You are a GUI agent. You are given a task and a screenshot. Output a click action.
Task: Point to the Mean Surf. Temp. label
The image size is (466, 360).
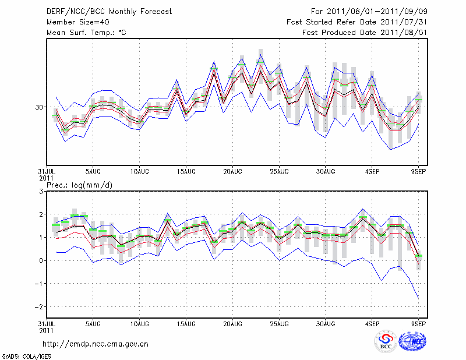coord(86,33)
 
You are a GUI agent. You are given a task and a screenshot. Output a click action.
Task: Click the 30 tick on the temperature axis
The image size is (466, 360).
coord(39,107)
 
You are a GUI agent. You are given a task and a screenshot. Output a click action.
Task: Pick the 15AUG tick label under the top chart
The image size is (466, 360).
coord(186,171)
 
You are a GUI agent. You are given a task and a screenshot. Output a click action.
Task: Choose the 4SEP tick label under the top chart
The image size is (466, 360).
coord(372,171)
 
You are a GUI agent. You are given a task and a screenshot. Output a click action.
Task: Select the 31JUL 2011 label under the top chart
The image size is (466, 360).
coord(47,174)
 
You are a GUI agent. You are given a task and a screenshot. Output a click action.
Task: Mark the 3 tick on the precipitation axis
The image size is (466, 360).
coord(41,192)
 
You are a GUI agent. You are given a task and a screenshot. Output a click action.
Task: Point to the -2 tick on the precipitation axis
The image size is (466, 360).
coord(40,307)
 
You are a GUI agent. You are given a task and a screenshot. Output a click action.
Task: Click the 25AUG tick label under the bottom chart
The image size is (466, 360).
coord(280,323)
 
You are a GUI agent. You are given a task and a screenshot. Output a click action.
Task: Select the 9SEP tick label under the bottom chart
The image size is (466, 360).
coord(419,323)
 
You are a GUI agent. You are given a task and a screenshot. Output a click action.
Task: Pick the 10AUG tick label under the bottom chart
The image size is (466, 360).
coord(140,323)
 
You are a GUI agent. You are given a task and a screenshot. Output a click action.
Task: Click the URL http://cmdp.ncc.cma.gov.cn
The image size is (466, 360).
coord(96,344)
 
